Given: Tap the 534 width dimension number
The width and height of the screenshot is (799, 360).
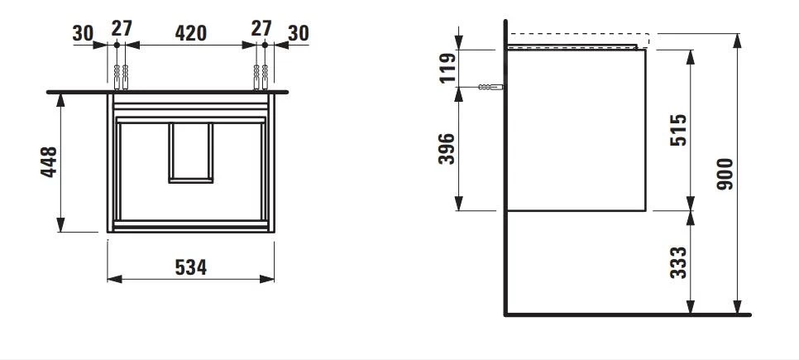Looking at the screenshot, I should (x=190, y=266).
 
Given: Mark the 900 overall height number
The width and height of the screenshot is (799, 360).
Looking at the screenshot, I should (x=725, y=174).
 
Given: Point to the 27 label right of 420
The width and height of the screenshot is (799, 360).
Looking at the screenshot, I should (x=261, y=27).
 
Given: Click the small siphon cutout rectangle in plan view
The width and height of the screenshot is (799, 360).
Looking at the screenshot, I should (x=191, y=152).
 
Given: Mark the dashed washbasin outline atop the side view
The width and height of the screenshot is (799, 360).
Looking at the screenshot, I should (x=578, y=38).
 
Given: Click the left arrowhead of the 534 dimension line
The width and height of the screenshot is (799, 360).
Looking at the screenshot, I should (x=113, y=279).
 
